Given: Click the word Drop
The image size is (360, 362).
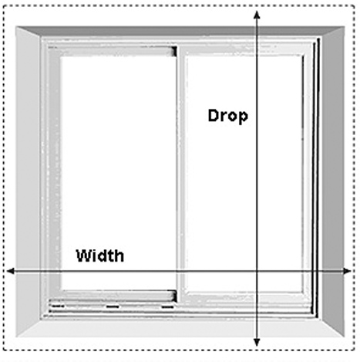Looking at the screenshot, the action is tap(228, 117).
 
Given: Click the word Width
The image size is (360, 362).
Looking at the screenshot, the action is tap(100, 255).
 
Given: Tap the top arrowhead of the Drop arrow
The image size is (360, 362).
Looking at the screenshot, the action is tap(257, 15).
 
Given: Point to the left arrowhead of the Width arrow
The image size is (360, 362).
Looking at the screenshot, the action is tap(11, 271).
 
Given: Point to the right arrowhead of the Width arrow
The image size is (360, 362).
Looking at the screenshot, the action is tap(347, 271).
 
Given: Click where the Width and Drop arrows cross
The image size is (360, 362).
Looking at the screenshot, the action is tap(257, 271).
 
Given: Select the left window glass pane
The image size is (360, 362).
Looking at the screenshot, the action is tap(119, 173).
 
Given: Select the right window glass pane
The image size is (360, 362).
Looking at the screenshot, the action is tap(244, 173).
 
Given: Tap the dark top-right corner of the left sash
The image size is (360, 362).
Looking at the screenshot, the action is tap(174, 51).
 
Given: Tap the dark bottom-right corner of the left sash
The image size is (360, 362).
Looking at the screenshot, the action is tap(173, 296).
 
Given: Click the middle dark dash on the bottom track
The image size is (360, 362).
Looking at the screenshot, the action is tap(113, 306).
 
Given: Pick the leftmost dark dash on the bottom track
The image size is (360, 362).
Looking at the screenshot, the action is tap(58, 306).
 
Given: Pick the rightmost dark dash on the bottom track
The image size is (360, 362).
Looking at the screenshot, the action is tap(167, 306).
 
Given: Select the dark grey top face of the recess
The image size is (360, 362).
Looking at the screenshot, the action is tap(180, 31).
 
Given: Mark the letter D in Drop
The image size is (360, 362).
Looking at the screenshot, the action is tap(213, 115).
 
